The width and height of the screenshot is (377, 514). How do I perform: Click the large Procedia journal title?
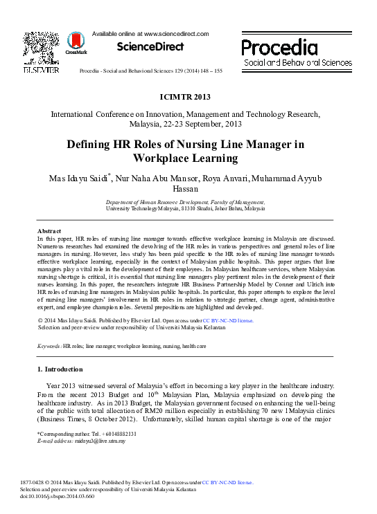(x=279, y=47)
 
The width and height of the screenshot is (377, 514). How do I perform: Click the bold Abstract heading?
(x=49, y=230)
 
